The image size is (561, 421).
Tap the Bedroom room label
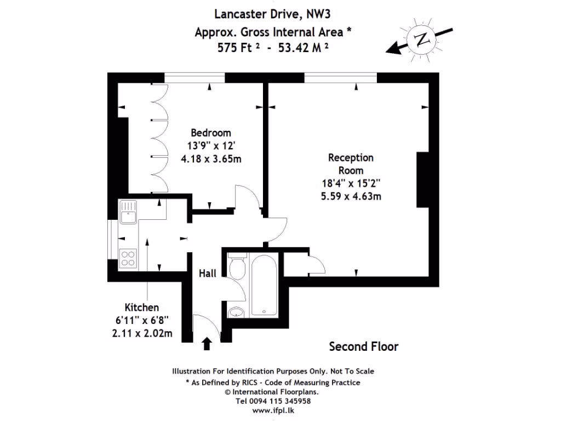point(211,133)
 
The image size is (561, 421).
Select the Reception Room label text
point(351,164)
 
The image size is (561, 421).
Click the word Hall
point(208,273)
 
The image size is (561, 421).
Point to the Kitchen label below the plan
point(142,308)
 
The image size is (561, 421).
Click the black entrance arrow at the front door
point(207,344)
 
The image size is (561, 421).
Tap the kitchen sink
point(129,212)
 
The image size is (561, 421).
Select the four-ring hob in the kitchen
point(128,258)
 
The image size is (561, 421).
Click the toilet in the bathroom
point(237,268)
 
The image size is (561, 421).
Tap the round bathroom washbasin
point(237,312)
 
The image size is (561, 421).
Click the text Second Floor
point(363,346)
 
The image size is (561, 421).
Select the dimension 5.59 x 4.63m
point(351,195)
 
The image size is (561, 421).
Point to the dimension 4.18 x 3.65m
point(211,159)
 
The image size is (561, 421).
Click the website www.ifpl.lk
point(272,409)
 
